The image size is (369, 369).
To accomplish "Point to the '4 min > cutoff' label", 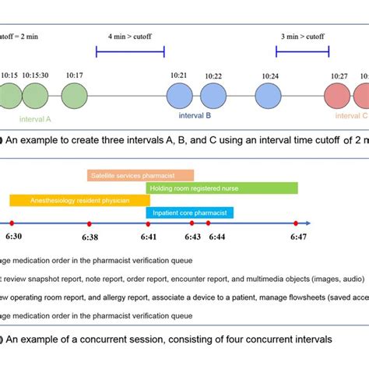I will tap(130, 36).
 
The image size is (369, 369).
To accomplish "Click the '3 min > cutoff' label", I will tap(302, 36).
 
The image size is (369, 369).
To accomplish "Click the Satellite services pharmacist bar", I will tap(141, 176).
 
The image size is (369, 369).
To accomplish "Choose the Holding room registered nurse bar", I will tap(221, 188).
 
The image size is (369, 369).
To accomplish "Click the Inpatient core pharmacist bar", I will tap(189, 213).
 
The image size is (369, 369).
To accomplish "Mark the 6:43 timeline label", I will tap(192, 236).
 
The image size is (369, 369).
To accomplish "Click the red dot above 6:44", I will tap(216, 224).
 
